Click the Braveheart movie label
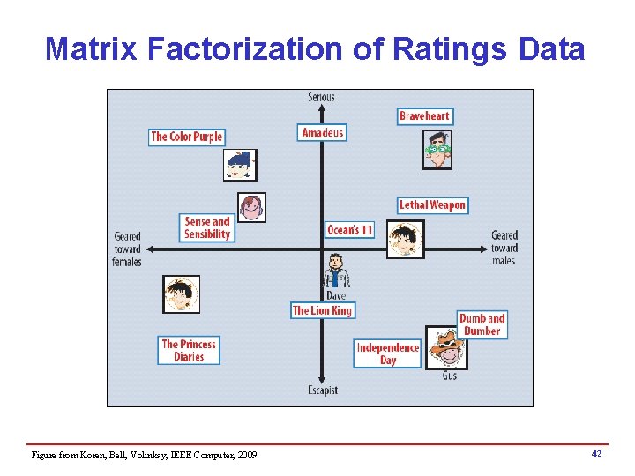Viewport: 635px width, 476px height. point(424,116)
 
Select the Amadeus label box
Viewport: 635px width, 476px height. point(322,133)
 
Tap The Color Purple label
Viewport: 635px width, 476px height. point(186,137)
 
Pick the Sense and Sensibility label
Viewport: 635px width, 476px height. point(207,228)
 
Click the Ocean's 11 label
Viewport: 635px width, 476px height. point(349,230)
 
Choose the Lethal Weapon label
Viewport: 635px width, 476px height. point(431,205)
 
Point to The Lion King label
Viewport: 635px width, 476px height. point(322,310)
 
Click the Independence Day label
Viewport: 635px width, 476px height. point(387,353)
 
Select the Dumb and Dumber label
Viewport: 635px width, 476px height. point(482,324)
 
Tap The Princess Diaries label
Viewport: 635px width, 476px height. point(189,351)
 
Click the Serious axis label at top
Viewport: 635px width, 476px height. point(321,97)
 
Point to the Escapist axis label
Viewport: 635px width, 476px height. point(322,390)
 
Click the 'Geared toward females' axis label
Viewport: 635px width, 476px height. point(128,249)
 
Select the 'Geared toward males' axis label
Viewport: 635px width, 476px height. point(504,248)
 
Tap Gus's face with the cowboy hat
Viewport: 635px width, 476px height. point(447,347)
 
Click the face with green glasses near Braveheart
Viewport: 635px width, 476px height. point(437,150)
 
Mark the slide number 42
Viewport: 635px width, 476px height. point(597,453)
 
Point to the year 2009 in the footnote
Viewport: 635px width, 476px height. point(247,455)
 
